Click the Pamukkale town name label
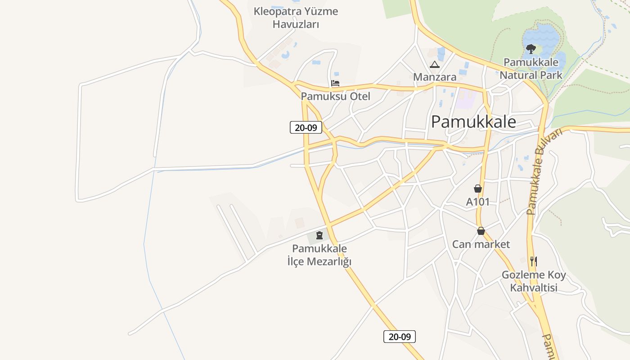(x=473, y=122)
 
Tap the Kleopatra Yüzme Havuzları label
(x=296, y=18)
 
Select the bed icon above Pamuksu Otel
(x=335, y=83)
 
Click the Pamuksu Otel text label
(x=335, y=96)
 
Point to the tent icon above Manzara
(x=434, y=65)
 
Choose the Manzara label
(x=435, y=77)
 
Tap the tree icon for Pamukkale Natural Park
(x=531, y=49)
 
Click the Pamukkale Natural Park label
(x=531, y=68)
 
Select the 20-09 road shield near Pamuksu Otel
(x=306, y=127)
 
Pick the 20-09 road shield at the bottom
(x=400, y=336)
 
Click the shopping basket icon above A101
(x=477, y=189)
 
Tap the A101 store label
(x=477, y=202)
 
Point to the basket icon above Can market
(x=481, y=231)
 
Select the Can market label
(x=481, y=244)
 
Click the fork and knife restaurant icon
(x=533, y=261)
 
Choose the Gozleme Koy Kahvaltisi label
(x=534, y=281)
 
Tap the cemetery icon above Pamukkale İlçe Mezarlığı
(x=319, y=235)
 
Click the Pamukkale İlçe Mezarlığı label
(x=319, y=255)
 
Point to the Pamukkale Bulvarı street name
(x=544, y=171)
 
